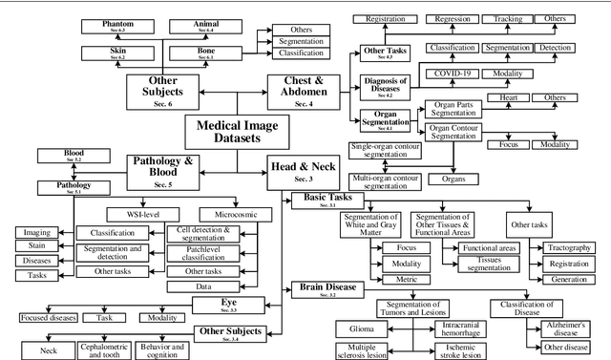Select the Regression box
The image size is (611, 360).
click(x=453, y=19)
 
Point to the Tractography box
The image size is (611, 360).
click(x=567, y=248)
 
